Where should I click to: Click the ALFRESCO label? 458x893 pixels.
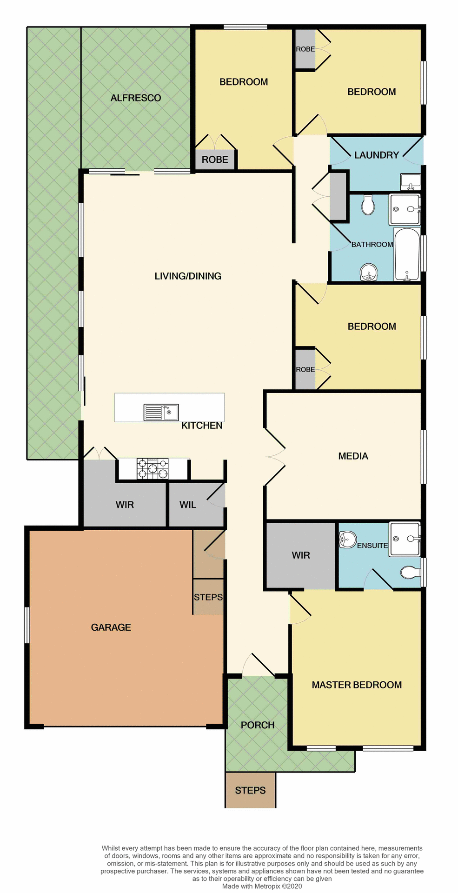pos(136,98)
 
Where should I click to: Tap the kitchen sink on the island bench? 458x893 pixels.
pos(161,412)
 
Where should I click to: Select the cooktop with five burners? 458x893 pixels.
pos(153,468)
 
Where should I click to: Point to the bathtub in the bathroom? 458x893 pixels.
pos(407,254)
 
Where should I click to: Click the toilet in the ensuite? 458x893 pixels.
pos(410,572)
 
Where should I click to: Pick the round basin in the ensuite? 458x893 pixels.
pos(347,540)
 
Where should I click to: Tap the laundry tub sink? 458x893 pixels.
pos(411,181)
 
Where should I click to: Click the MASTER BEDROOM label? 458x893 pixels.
pos(357,685)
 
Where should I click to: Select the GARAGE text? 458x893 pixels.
pos(111,627)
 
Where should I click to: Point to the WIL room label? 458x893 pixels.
pos(188,505)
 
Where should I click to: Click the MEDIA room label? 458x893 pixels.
pos(353,456)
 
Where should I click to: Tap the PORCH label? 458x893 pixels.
pos(258,725)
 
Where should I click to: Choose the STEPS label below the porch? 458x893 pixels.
pos(250,791)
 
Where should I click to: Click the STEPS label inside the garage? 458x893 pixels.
pos(208,597)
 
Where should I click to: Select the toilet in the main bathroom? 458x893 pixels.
pos(368,205)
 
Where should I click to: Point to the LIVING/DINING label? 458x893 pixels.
pos(188,276)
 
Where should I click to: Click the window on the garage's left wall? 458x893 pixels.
pos(27,625)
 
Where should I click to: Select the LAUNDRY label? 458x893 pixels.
pos(377,155)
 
